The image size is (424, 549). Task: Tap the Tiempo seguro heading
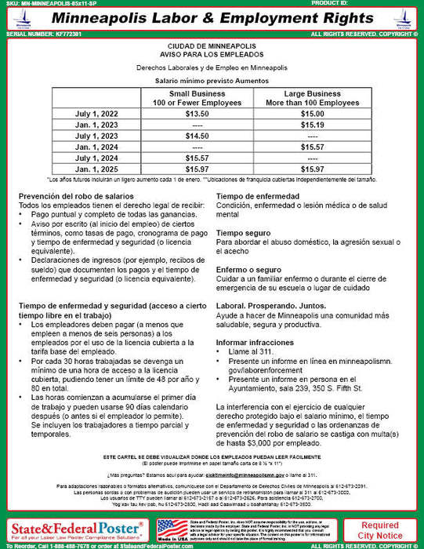click(244, 233)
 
